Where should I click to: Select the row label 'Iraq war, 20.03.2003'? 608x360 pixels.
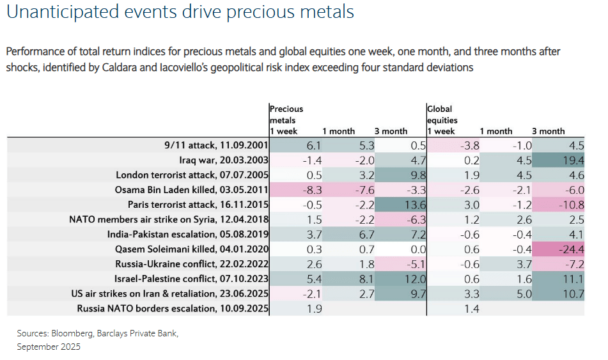point(217,160)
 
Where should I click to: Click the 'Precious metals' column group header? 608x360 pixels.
point(286,114)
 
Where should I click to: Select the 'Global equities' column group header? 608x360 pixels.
point(442,114)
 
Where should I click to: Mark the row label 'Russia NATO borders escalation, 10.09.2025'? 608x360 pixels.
point(172,309)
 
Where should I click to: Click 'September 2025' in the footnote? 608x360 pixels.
point(49,347)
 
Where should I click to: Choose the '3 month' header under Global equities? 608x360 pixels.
point(549,131)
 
